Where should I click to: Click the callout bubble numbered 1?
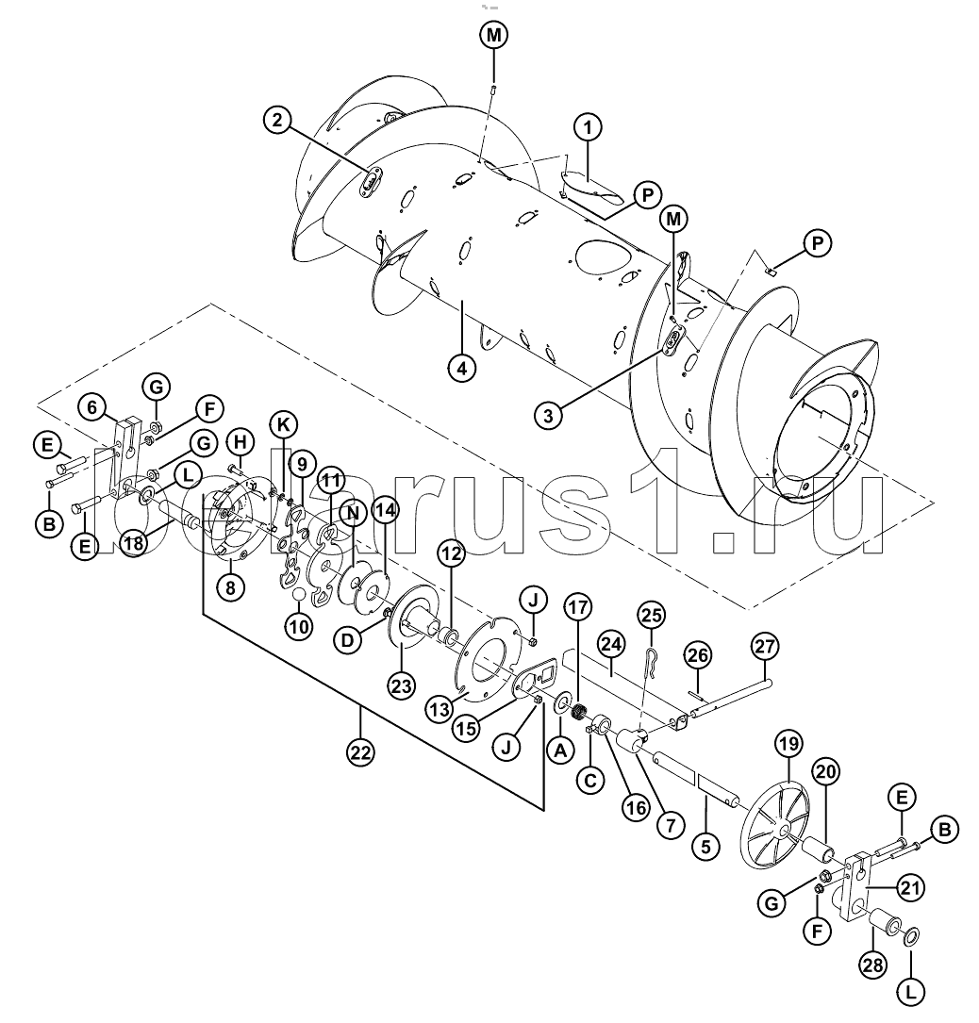[588, 127]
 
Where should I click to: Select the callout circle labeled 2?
[278, 121]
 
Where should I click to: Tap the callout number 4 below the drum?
[461, 368]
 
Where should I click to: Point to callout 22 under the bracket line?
[360, 753]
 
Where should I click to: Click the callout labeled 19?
[788, 745]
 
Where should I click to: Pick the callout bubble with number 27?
[765, 647]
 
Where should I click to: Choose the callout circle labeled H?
[241, 442]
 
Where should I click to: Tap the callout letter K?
[283, 424]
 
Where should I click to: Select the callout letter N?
[353, 514]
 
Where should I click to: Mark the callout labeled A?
[560, 751]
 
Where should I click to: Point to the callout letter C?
[590, 781]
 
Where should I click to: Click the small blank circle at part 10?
[299, 595]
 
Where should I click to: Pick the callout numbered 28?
[872, 965]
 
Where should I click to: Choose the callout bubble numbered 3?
[548, 415]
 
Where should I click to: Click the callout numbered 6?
[91, 408]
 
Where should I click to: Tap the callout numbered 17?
[577, 607]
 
